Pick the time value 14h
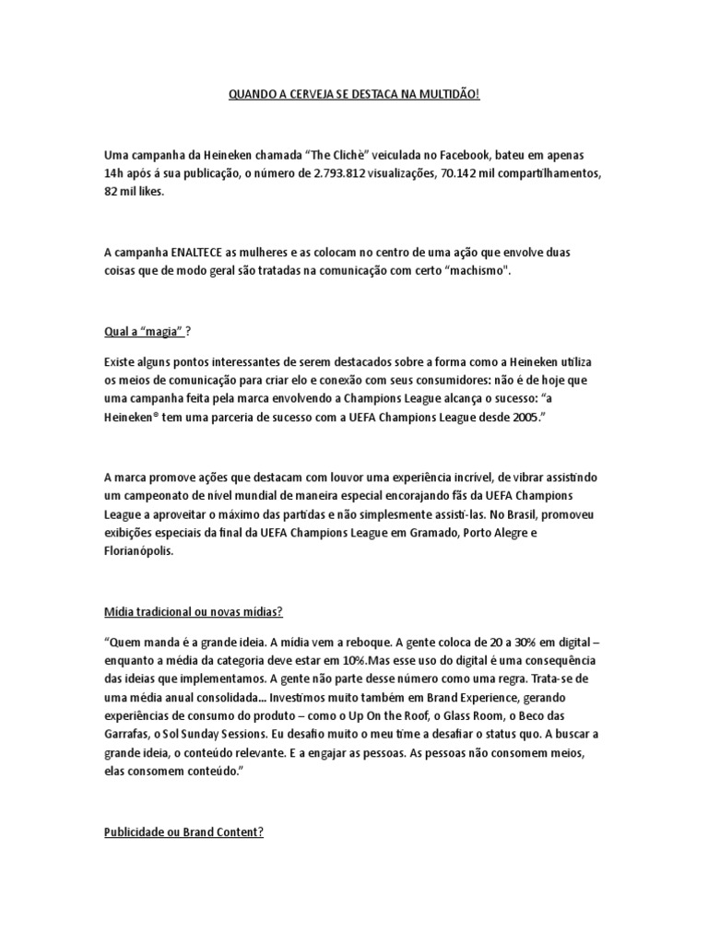point(115,174)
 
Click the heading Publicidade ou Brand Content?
point(183,831)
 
